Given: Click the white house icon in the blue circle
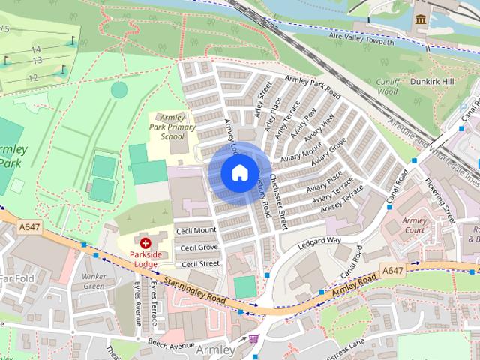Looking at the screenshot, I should [x=238, y=173].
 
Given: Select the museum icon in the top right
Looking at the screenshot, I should [x=421, y=17].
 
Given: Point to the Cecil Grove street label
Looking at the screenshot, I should [x=198, y=247].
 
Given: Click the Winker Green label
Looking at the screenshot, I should [x=94, y=281].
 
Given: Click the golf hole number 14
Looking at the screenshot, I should [x=35, y=49].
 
